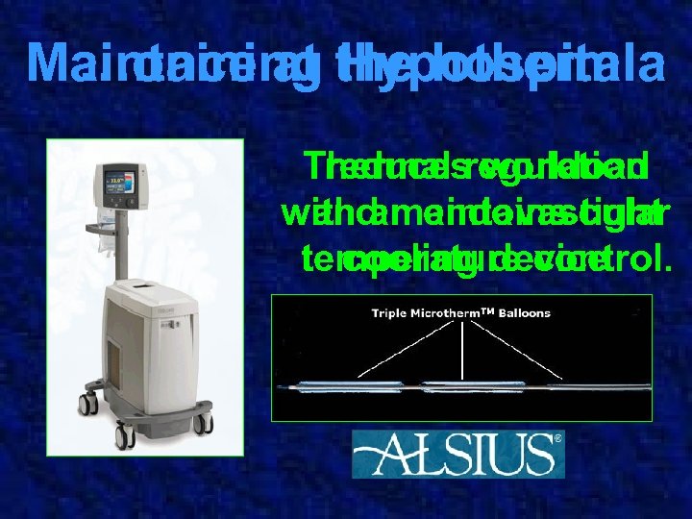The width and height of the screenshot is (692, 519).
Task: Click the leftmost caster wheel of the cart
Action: point(87,404)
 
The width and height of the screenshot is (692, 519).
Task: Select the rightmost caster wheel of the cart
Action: point(203,424)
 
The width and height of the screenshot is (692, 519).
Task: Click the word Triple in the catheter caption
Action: point(391,313)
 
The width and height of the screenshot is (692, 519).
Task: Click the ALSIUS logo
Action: point(452,454)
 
